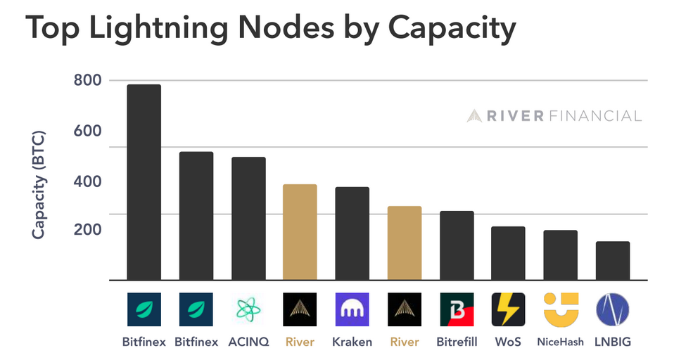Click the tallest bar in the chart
coord(144,182)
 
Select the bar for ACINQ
coord(248,219)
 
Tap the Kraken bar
coord(352,233)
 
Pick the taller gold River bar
coord(300,233)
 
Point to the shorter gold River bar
coord(405,243)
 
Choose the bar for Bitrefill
coord(457,245)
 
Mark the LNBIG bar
coord(613,261)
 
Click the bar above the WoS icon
coord(508,253)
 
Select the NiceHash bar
coord(561,255)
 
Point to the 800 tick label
coord(88,80)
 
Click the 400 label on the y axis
coord(88,181)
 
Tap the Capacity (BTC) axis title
coord(39,185)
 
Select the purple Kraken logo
coord(352,309)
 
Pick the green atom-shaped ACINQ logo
coord(248,309)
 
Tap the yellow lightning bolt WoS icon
coord(508,309)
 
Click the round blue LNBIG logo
coord(613,309)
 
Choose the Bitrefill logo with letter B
coord(457,309)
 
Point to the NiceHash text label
coord(561,342)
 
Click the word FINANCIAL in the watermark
coord(595,116)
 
